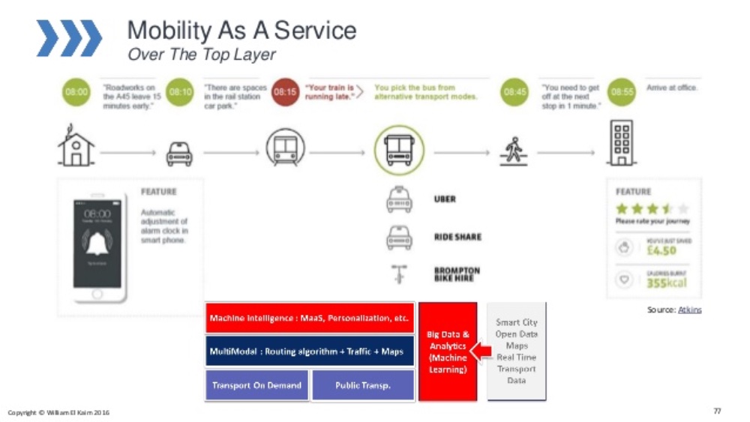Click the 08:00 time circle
coord(76,93)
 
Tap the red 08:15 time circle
coord(285,93)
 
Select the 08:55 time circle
coord(622,93)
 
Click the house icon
coord(76,146)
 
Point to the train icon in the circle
coord(285,148)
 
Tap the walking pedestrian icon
coord(514,150)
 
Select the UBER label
coord(445,199)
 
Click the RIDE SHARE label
coord(457,237)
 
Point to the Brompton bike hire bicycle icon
coord(398,274)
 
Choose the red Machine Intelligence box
coord(309,319)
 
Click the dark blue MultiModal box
coord(309,352)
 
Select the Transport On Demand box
coord(256,385)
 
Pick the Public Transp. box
coord(362,385)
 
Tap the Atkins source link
coord(690,310)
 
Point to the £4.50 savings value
coord(661,250)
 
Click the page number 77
coord(717,411)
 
